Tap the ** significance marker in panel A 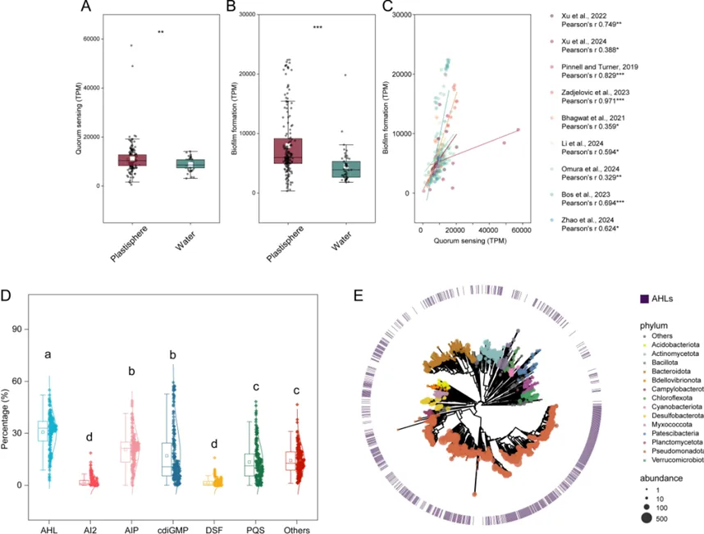coord(161,33)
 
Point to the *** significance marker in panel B coord(318,28)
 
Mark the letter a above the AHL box coord(48,355)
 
